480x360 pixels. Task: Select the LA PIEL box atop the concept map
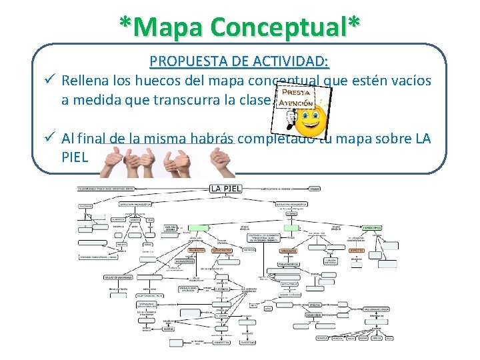[225, 189]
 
